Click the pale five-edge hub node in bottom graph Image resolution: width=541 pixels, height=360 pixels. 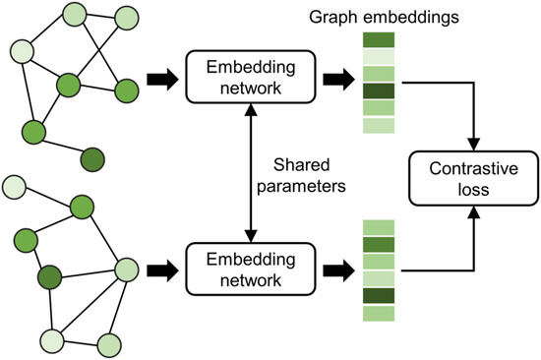(127, 268)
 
